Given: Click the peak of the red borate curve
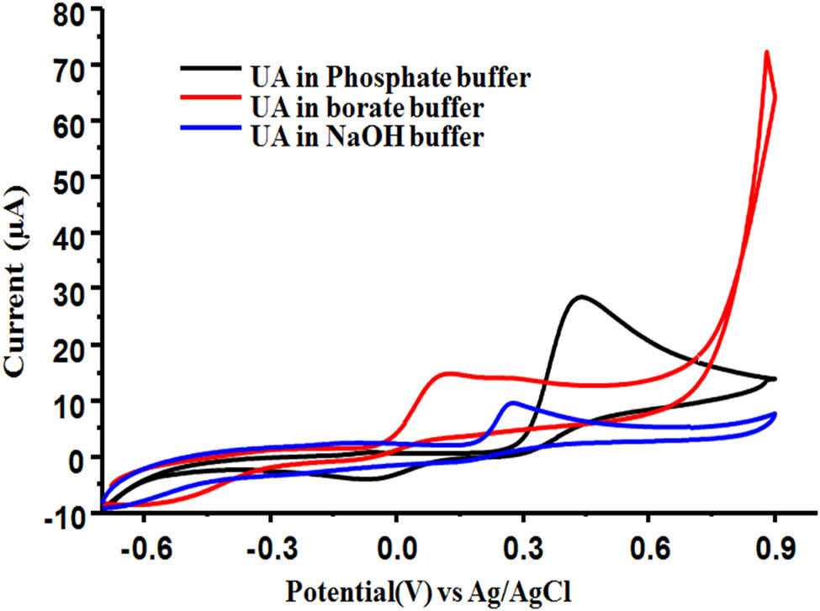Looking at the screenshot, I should point(766,53).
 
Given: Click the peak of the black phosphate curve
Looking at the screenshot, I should point(580,297).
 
